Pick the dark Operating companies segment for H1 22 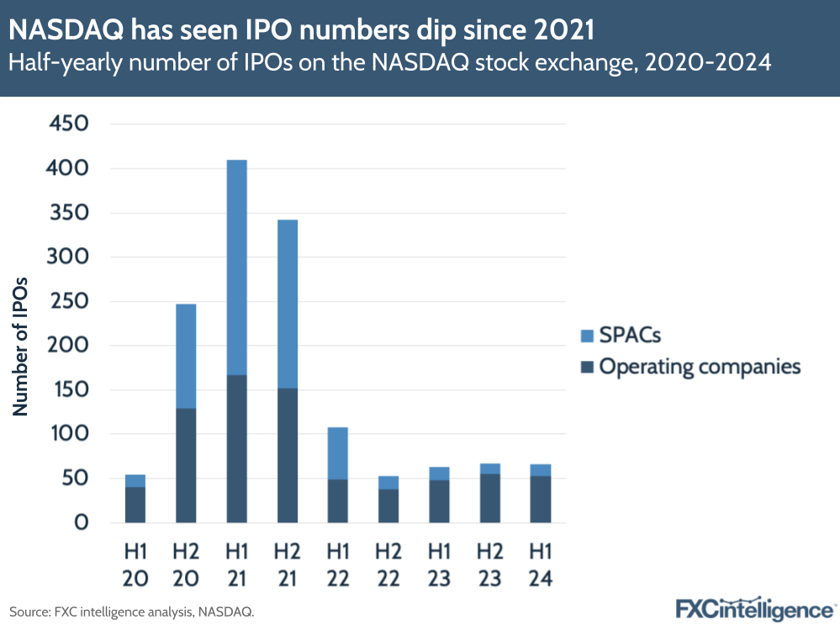[x=337, y=500]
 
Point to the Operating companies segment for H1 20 [x=135, y=505]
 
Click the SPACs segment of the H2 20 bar [x=186, y=356]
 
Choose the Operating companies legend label [x=700, y=367]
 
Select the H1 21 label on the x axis [x=236, y=564]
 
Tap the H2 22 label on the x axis [x=388, y=564]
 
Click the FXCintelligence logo [x=754, y=608]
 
